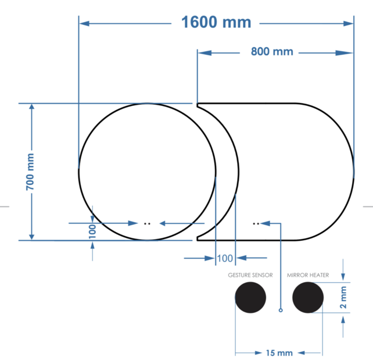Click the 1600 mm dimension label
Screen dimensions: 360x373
point(216,23)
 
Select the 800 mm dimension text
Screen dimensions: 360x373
point(272,52)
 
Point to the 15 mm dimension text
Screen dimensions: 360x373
point(279,352)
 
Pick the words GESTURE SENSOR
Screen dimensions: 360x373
point(250,275)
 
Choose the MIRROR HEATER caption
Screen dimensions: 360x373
point(308,275)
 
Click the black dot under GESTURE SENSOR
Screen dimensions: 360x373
point(250,298)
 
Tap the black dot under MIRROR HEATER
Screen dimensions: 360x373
point(308,298)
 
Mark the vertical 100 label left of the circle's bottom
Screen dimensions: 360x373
point(92,231)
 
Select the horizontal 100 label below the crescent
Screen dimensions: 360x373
point(224,257)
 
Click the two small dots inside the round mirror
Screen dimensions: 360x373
point(147,223)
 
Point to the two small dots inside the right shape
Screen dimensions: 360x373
point(256,223)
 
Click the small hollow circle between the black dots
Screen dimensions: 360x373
point(281,310)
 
